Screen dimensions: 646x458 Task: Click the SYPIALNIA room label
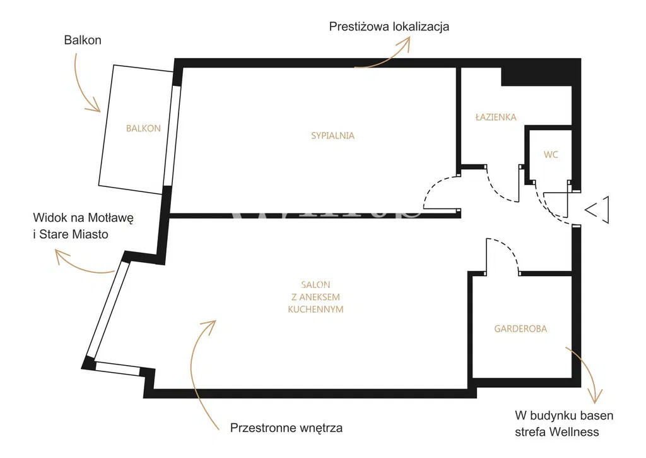(x=332, y=136)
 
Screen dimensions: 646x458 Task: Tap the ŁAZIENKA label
(x=496, y=117)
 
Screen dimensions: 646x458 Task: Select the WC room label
(x=551, y=155)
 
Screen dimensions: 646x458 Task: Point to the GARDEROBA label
(x=520, y=329)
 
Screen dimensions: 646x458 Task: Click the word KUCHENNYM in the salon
(x=315, y=310)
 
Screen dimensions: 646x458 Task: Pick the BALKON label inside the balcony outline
(x=143, y=128)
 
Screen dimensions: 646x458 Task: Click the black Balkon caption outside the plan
(x=83, y=40)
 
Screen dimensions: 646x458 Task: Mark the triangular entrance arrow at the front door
(x=597, y=210)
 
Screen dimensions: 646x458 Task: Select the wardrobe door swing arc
(x=508, y=247)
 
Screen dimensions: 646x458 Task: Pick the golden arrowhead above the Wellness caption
(x=596, y=397)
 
